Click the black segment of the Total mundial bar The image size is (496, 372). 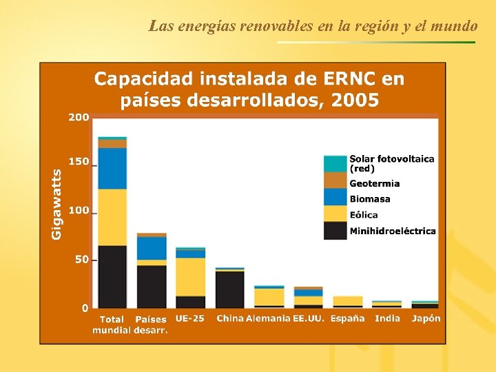(x=112, y=276)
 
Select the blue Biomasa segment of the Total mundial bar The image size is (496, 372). (x=112, y=168)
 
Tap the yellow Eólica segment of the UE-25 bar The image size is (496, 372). (x=190, y=276)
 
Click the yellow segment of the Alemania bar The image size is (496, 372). (x=269, y=297)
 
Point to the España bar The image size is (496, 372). (x=348, y=301)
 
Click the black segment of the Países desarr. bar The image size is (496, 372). (x=152, y=286)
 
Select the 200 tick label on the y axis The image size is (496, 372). (x=79, y=117)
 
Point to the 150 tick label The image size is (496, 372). (x=79, y=162)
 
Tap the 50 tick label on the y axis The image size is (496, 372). (x=81, y=260)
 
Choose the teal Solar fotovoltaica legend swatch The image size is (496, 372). (x=335, y=164)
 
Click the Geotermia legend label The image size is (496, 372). (x=374, y=183)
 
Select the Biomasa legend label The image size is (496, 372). (x=369, y=199)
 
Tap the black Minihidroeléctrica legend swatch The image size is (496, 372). (x=335, y=231)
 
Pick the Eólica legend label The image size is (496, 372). (x=363, y=215)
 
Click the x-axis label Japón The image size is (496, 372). (x=426, y=318)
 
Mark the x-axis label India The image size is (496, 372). (x=387, y=318)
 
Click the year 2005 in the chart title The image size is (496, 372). (x=355, y=101)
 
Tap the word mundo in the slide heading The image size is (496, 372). (x=457, y=26)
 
